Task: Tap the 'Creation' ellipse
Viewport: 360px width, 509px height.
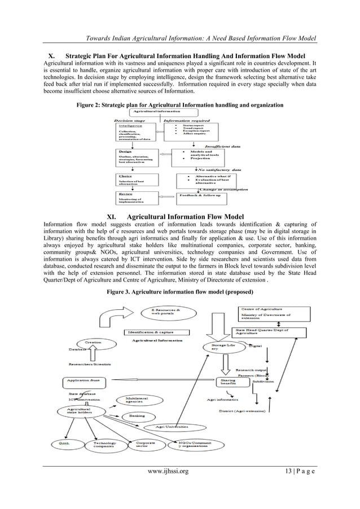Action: point(94,343)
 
